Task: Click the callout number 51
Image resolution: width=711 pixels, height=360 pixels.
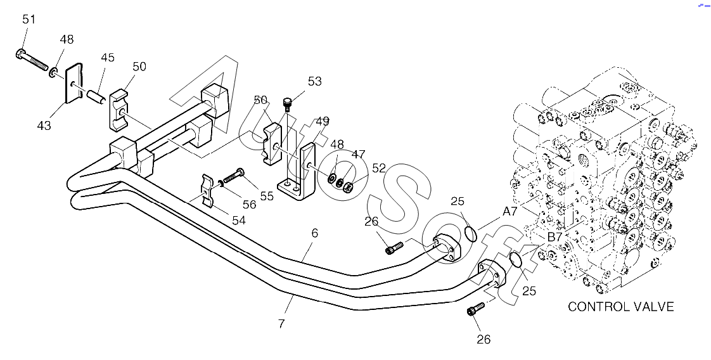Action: click(x=29, y=20)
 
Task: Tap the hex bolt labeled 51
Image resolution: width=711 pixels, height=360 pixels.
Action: click(x=32, y=60)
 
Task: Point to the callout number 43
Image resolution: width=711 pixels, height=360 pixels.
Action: click(x=43, y=125)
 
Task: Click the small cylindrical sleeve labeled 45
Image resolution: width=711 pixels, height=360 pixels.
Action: click(x=96, y=98)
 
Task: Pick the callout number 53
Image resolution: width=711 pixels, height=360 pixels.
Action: click(x=314, y=81)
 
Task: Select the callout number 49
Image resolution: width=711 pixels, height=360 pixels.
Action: click(x=322, y=120)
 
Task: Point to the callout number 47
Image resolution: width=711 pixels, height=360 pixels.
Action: click(x=359, y=153)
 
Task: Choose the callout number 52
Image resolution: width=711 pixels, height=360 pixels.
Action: click(x=379, y=168)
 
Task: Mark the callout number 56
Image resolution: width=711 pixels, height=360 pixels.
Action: click(x=249, y=204)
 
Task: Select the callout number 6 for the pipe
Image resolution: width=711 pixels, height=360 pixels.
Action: click(x=314, y=233)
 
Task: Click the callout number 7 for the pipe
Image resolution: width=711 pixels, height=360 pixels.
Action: click(x=281, y=323)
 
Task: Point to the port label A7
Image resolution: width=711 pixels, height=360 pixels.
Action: click(x=511, y=211)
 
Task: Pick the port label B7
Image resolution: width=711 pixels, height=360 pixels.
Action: click(x=554, y=236)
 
